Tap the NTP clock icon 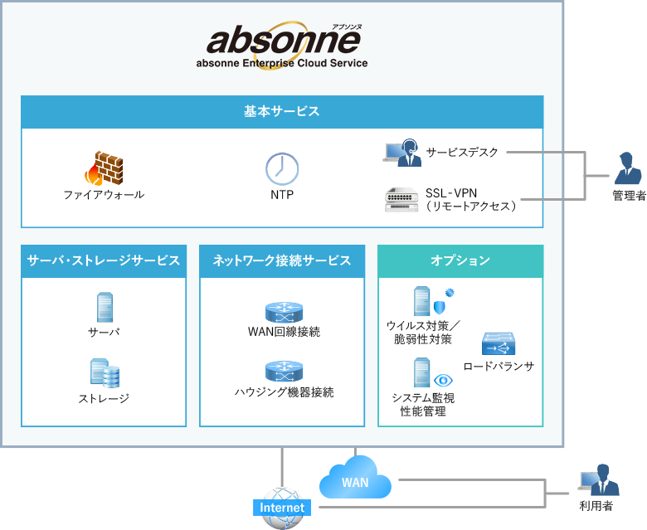coord(282,168)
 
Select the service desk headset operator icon coord(401,153)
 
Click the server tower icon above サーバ coord(105,307)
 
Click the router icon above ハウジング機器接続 coord(284,371)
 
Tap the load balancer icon coord(499,343)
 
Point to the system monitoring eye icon coord(443,380)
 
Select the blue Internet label coord(282,508)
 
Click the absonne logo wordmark coord(282,40)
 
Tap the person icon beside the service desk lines coord(627,170)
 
